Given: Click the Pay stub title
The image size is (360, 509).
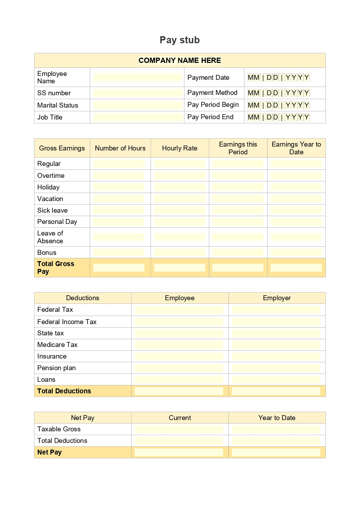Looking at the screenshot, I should [x=180, y=40].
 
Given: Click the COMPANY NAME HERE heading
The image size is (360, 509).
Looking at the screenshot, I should [x=180, y=60].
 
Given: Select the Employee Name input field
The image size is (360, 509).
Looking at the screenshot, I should [x=137, y=77].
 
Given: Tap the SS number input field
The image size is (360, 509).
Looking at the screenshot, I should [x=137, y=93].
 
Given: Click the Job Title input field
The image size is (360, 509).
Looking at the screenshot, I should [x=137, y=117].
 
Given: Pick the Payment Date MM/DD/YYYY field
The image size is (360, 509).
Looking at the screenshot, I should [x=278, y=77].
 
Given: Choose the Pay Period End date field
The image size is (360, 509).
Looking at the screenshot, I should [x=278, y=117].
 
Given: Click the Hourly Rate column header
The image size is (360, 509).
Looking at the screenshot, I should [x=180, y=148].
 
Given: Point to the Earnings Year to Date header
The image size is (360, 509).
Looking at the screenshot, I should [x=296, y=148].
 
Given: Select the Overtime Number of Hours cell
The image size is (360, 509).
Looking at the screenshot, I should [x=119, y=175].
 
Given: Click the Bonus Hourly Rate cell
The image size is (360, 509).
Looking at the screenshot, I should [x=180, y=252].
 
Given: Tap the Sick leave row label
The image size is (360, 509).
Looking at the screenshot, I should [x=52, y=210].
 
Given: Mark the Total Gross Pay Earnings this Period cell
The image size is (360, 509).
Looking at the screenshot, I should [x=238, y=268].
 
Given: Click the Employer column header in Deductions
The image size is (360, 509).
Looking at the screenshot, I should [x=277, y=298].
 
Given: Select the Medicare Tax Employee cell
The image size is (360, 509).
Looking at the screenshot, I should [x=179, y=345].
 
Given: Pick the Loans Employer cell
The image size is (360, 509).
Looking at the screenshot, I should [x=276, y=380].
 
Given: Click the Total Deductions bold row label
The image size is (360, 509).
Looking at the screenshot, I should [x=64, y=391].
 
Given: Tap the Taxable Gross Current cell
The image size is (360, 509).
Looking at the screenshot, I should [x=179, y=429].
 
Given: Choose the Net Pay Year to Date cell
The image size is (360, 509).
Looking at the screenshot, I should [x=276, y=452].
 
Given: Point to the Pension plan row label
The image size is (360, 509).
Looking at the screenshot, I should [x=56, y=368].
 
